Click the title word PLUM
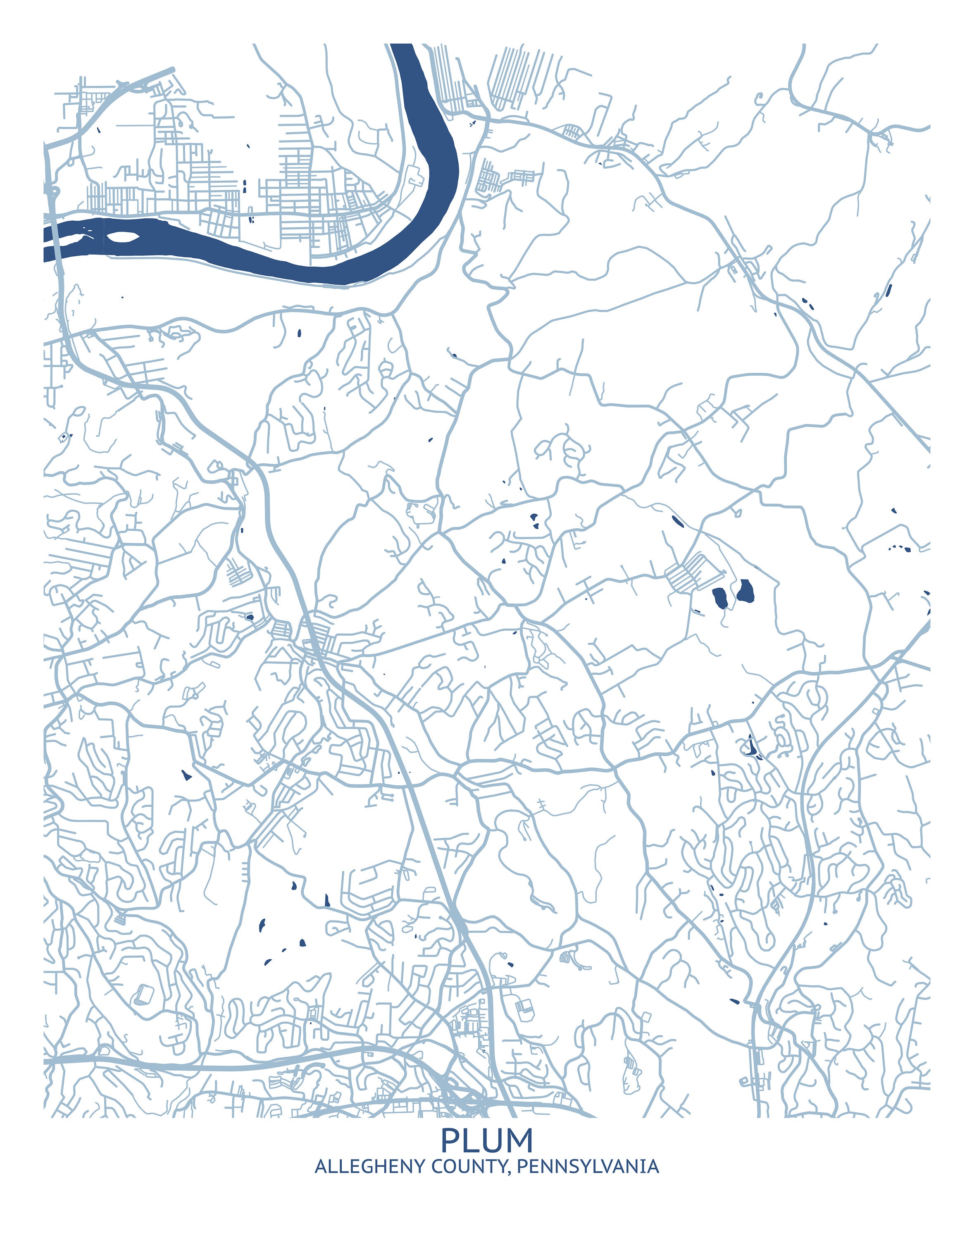[x=487, y=1141]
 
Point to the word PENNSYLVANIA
[x=588, y=1167]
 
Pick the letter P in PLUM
[x=450, y=1141]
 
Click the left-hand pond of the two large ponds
[x=720, y=598]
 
